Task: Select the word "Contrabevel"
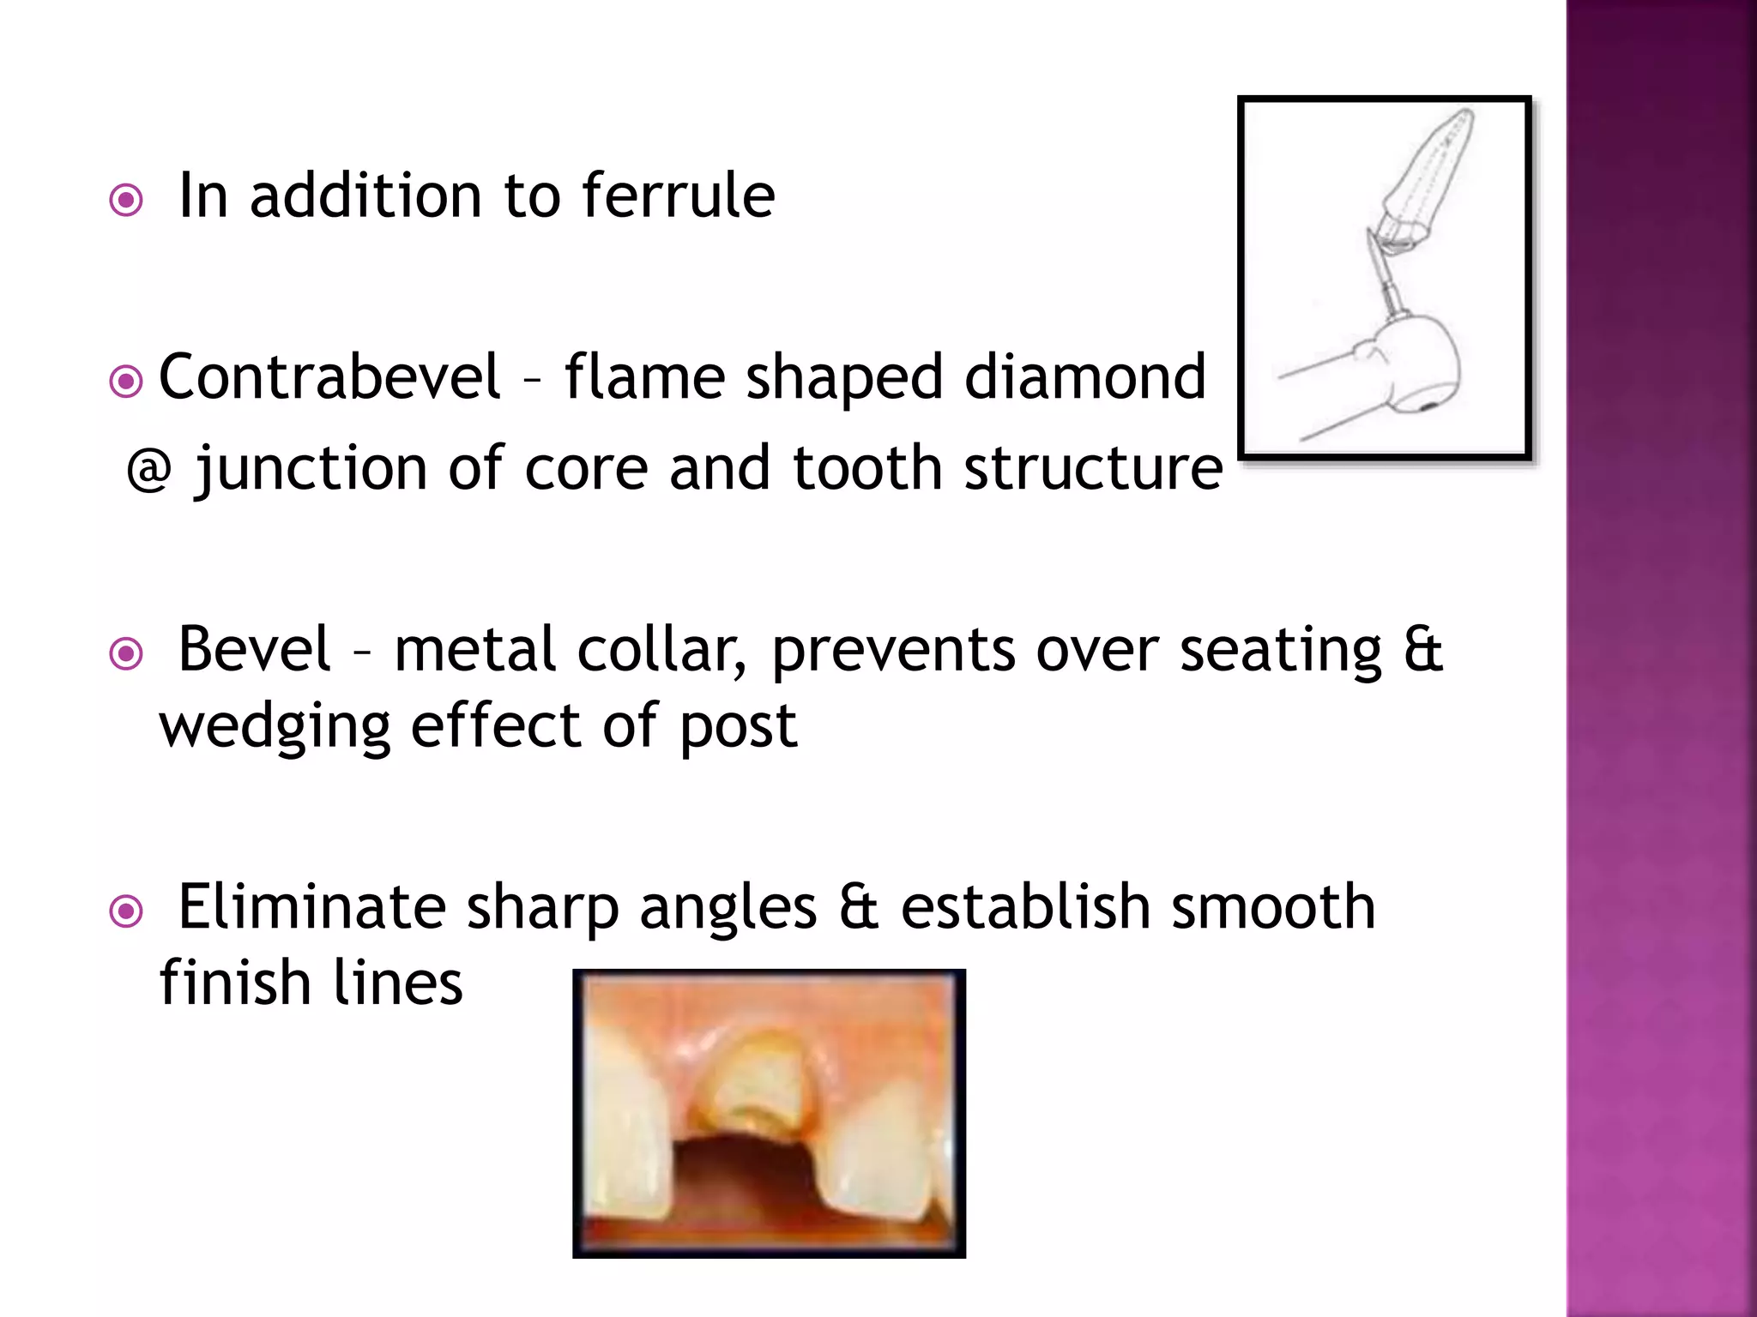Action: [x=329, y=377]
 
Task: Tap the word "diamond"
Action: [x=1084, y=377]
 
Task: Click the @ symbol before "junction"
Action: [x=148, y=470]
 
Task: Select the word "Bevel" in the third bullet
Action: [x=253, y=649]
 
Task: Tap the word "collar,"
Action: [x=661, y=649]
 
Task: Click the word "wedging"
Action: [x=275, y=727]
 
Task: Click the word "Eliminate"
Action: [x=311, y=907]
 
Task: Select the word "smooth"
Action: [x=1273, y=907]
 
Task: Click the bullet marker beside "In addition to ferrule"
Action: [x=126, y=201]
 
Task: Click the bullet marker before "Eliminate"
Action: [x=126, y=911]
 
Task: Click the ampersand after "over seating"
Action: [x=1423, y=649]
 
